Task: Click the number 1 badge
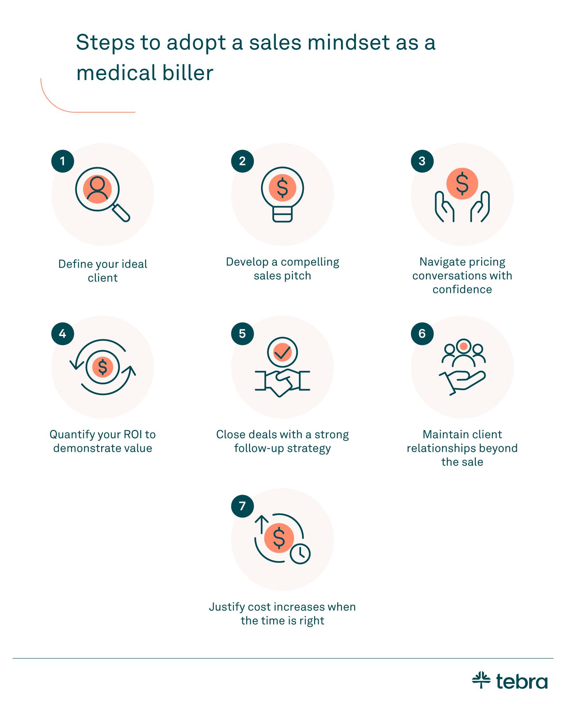pyautogui.click(x=63, y=161)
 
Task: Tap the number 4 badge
pyautogui.click(x=63, y=334)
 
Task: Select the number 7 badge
pyautogui.click(x=242, y=506)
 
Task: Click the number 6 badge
pyautogui.click(x=422, y=334)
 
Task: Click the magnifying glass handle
pyautogui.click(x=121, y=213)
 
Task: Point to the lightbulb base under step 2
pyautogui.click(x=282, y=215)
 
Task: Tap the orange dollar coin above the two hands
pyautogui.click(x=462, y=183)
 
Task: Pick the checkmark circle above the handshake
pyautogui.click(x=282, y=352)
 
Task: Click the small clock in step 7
pyautogui.click(x=300, y=553)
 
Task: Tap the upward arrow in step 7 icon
pyautogui.click(x=262, y=524)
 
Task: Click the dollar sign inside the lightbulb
pyautogui.click(x=282, y=188)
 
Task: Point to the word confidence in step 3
pyautogui.click(x=462, y=290)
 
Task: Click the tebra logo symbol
pyautogui.click(x=481, y=680)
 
